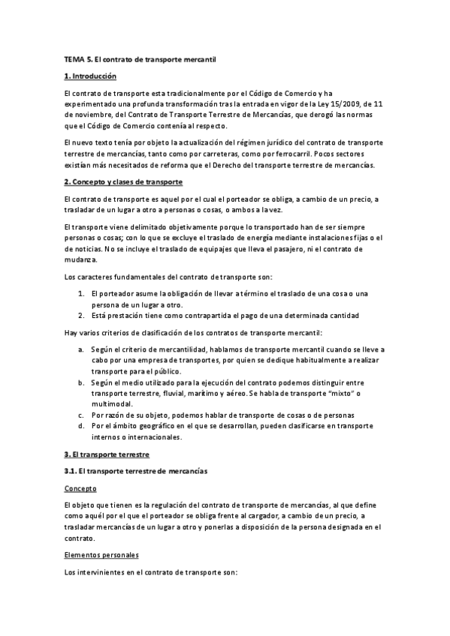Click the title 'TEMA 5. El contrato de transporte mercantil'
point(140,58)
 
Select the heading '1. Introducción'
point(90,76)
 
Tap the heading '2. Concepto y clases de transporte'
point(123,182)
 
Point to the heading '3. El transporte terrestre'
point(107,454)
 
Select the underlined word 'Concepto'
point(81,488)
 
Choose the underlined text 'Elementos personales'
point(101,556)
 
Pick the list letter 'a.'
point(81,349)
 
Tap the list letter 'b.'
point(81,382)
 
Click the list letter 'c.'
point(81,415)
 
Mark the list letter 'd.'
point(81,426)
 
